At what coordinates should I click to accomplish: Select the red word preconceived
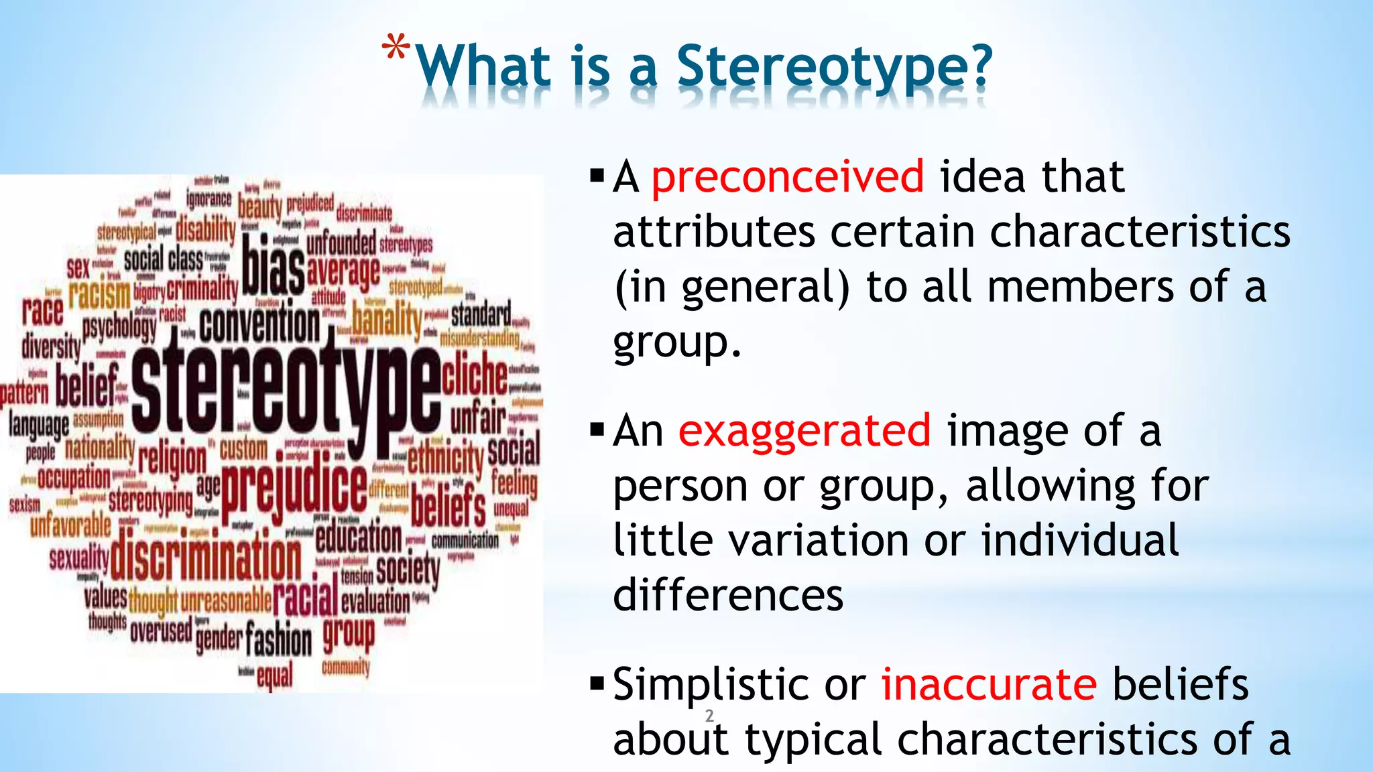pos(788,177)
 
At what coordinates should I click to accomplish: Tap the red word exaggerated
pos(804,431)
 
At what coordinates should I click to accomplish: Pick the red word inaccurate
pos(989,684)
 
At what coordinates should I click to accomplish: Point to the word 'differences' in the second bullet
pos(728,595)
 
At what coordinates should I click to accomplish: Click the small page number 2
pos(709,716)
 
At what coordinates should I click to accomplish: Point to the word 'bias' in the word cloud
pos(273,265)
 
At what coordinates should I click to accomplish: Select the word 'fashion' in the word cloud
pos(278,639)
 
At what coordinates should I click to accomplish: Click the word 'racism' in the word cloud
pos(99,294)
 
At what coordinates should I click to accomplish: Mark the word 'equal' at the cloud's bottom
pos(275,676)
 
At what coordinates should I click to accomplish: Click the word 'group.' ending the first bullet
pos(676,343)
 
